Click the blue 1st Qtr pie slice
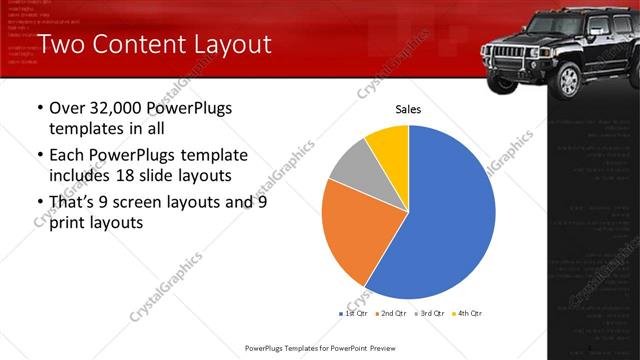[440, 220]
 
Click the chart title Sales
[408, 109]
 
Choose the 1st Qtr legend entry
[353, 314]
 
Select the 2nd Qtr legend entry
[389, 314]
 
